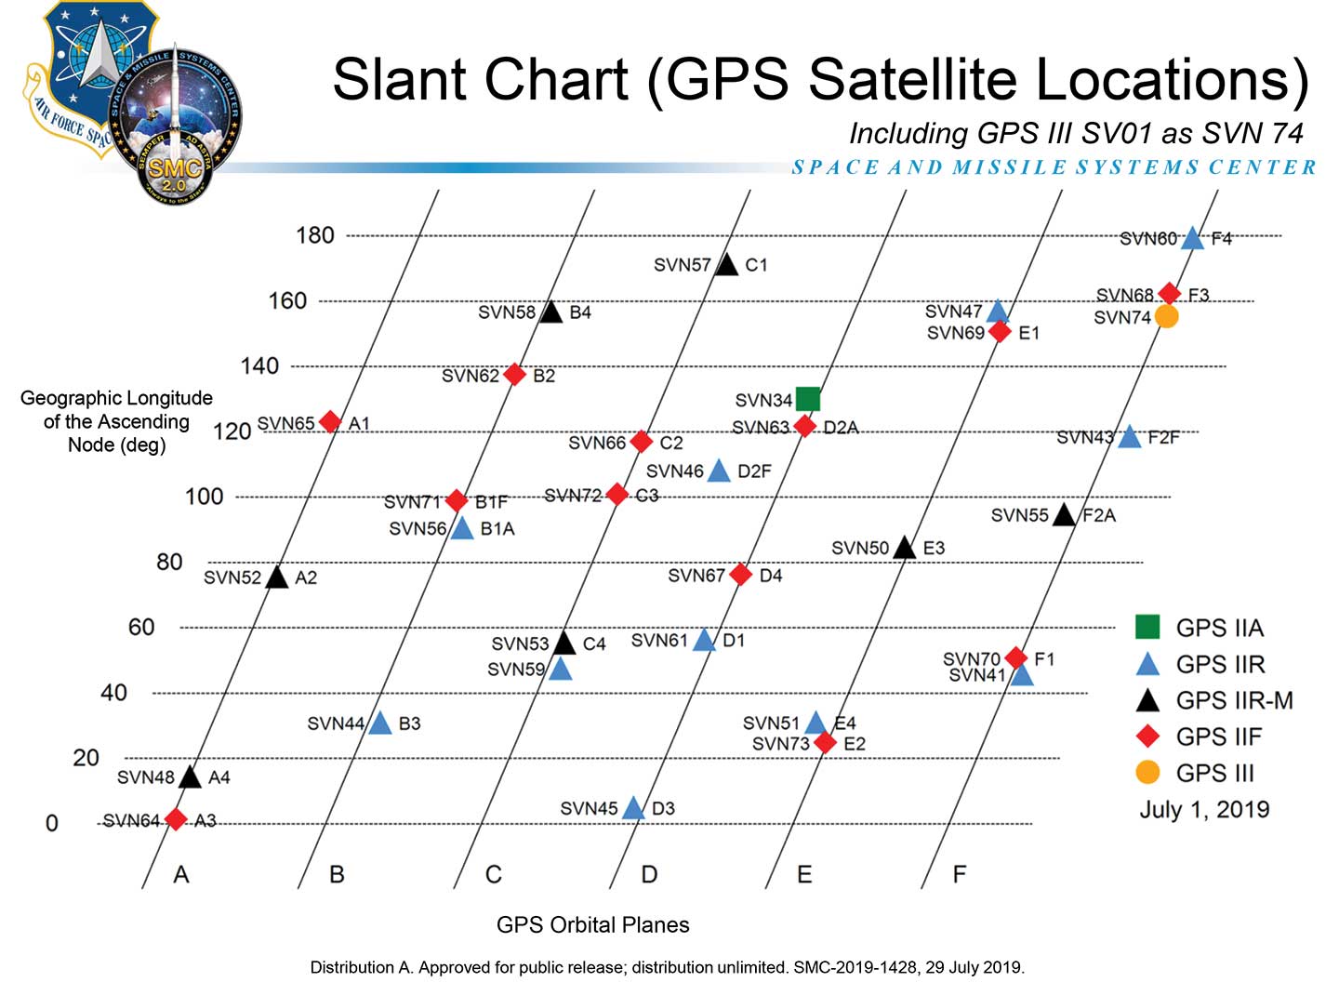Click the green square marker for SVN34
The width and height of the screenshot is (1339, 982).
(x=808, y=399)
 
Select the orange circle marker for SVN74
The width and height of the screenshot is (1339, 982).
(x=1166, y=317)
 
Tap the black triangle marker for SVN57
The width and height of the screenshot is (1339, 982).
(x=727, y=265)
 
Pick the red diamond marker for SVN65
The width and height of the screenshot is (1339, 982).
(x=330, y=422)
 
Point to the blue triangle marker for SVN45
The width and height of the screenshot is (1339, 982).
(x=633, y=808)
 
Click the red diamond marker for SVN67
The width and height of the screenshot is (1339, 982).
(x=741, y=575)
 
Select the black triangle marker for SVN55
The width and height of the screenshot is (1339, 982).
(x=1064, y=514)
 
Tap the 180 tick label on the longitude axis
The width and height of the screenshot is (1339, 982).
(x=314, y=235)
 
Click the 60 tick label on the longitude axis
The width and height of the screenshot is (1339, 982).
(x=141, y=628)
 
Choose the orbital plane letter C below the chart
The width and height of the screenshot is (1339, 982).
(x=493, y=874)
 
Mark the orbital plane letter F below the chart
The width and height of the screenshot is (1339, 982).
(x=959, y=874)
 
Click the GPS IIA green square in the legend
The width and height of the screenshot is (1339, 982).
(x=1147, y=627)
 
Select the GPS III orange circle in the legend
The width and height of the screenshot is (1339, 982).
(x=1147, y=772)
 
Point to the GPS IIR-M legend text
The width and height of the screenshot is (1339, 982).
(x=1234, y=700)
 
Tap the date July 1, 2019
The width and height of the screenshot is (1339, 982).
(x=1204, y=809)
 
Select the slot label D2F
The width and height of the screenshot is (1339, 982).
(x=754, y=471)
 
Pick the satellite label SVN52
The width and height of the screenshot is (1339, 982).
(x=232, y=577)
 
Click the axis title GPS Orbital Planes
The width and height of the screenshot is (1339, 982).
(x=592, y=924)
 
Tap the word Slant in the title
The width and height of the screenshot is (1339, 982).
(x=398, y=80)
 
